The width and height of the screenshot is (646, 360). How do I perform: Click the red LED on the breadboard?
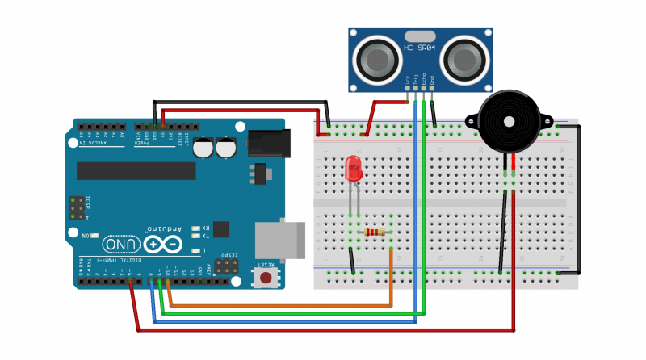click(x=353, y=170)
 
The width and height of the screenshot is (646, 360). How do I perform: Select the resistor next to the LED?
click(x=375, y=232)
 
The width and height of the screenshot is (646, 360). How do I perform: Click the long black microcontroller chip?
click(x=136, y=170)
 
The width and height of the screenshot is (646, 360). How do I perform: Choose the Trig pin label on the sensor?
click(x=416, y=80)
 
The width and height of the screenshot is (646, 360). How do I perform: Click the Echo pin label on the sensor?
click(x=424, y=80)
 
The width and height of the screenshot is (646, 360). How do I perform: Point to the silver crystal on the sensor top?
click(x=420, y=36)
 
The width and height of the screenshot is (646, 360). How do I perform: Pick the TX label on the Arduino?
click(x=205, y=236)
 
